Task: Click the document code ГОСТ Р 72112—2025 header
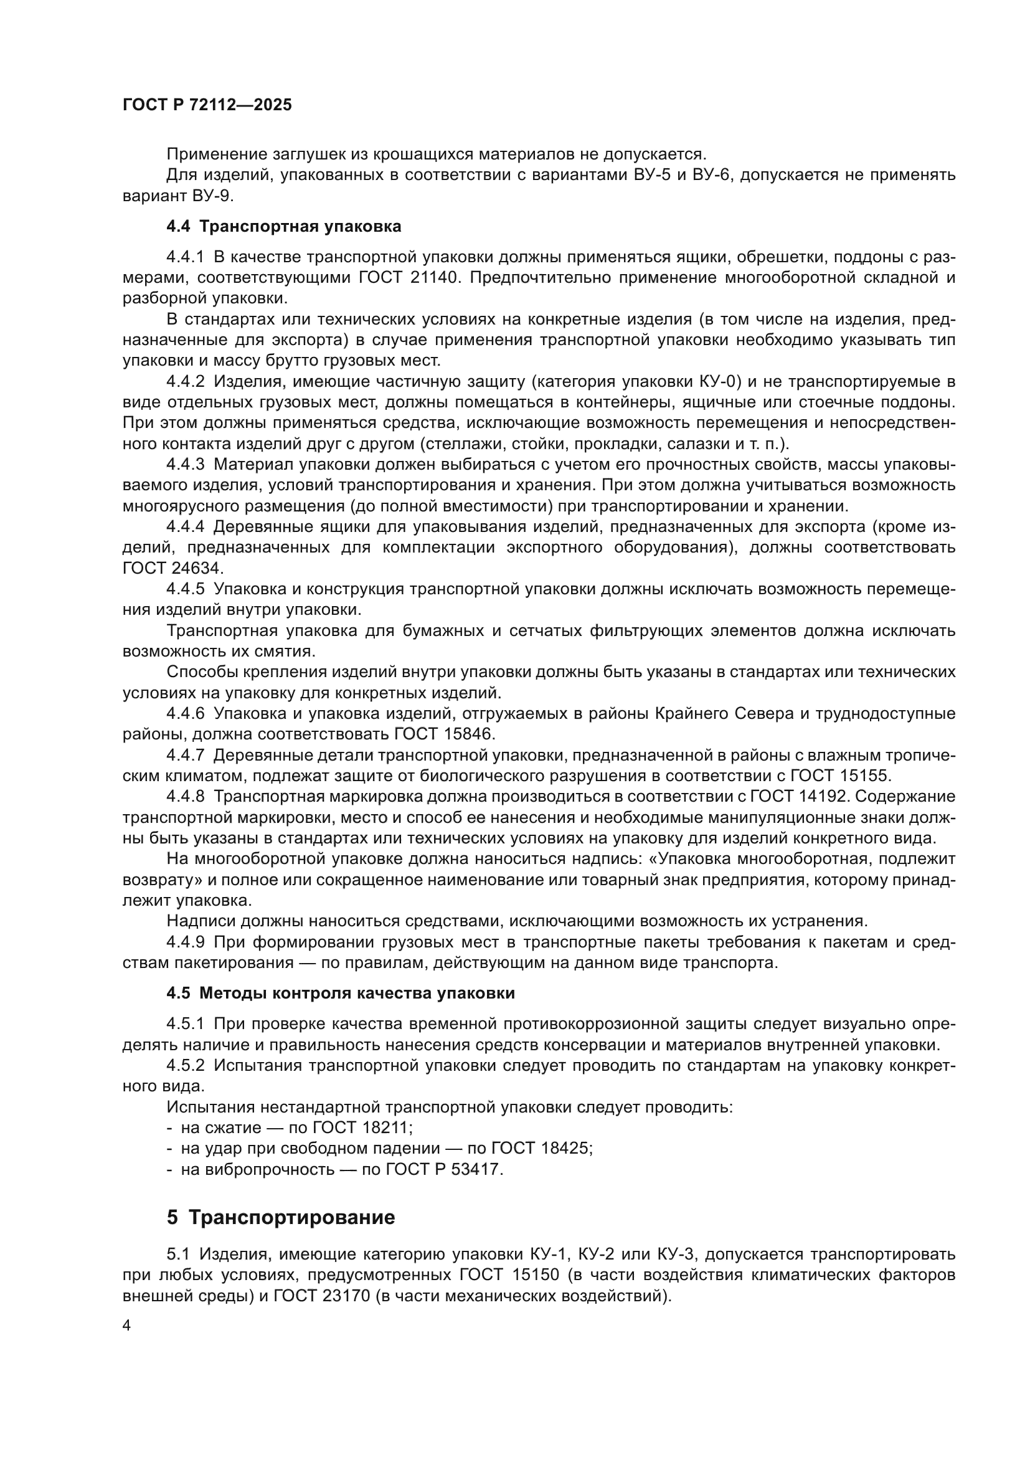click(x=207, y=105)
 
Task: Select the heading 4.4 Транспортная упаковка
click(x=283, y=227)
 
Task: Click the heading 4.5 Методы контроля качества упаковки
click(x=341, y=993)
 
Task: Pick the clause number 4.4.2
click(x=185, y=381)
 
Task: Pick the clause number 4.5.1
click(x=185, y=1023)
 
